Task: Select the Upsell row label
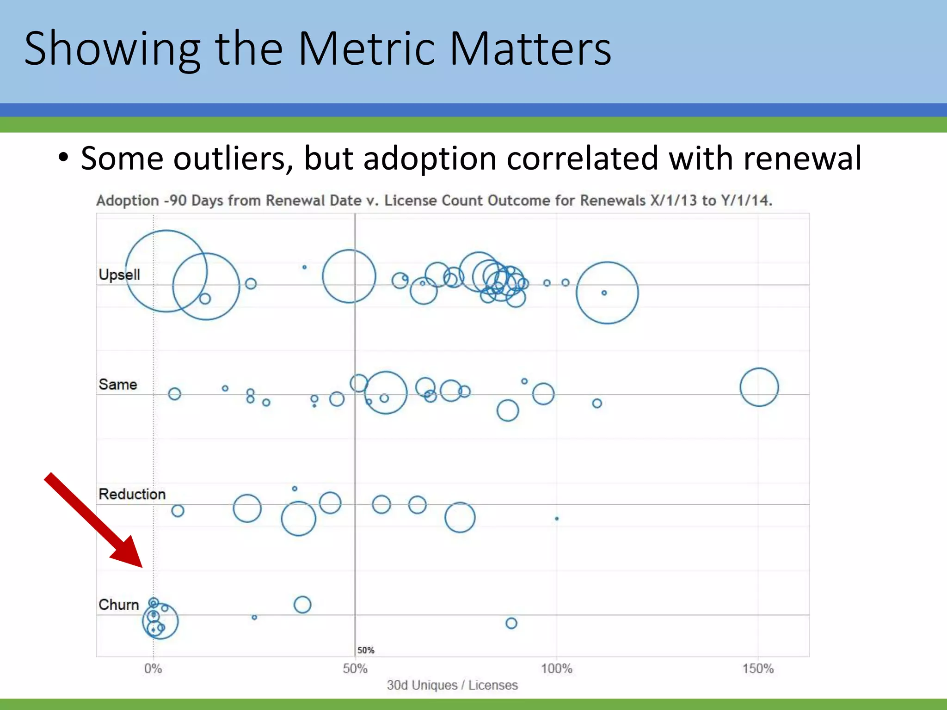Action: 119,275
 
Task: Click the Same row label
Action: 117,385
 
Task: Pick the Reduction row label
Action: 132,494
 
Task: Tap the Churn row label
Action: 118,605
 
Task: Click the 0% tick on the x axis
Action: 153,668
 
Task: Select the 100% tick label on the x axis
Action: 556,668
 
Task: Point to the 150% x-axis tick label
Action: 758,668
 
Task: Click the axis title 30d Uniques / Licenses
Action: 452,685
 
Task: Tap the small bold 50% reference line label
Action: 366,650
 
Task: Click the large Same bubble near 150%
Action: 759,387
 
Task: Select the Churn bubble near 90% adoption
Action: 511,623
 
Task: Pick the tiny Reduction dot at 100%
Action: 557,519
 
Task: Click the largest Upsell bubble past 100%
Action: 607,293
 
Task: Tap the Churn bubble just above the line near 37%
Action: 302,605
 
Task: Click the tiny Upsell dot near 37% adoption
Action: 304,267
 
